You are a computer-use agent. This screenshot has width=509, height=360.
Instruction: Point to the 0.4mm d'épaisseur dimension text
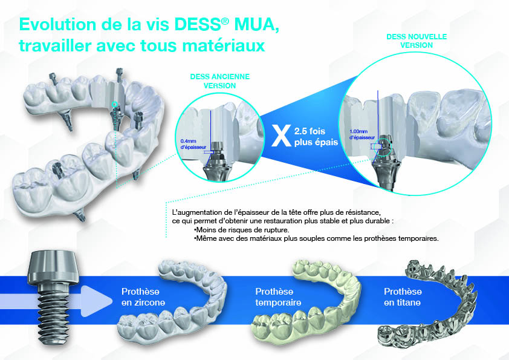pyautogui.click(x=193, y=145)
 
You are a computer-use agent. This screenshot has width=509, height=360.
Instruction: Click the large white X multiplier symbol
pyautogui.click(x=279, y=136)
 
